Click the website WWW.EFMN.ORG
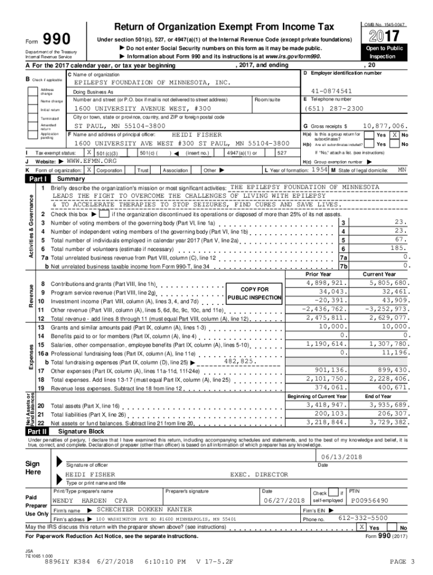click(x=91, y=161)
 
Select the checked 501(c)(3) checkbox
click(x=89, y=152)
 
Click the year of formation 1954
click(x=319, y=169)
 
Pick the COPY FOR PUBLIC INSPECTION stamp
click(x=255, y=293)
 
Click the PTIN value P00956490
click(x=369, y=500)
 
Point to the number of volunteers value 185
click(x=398, y=248)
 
